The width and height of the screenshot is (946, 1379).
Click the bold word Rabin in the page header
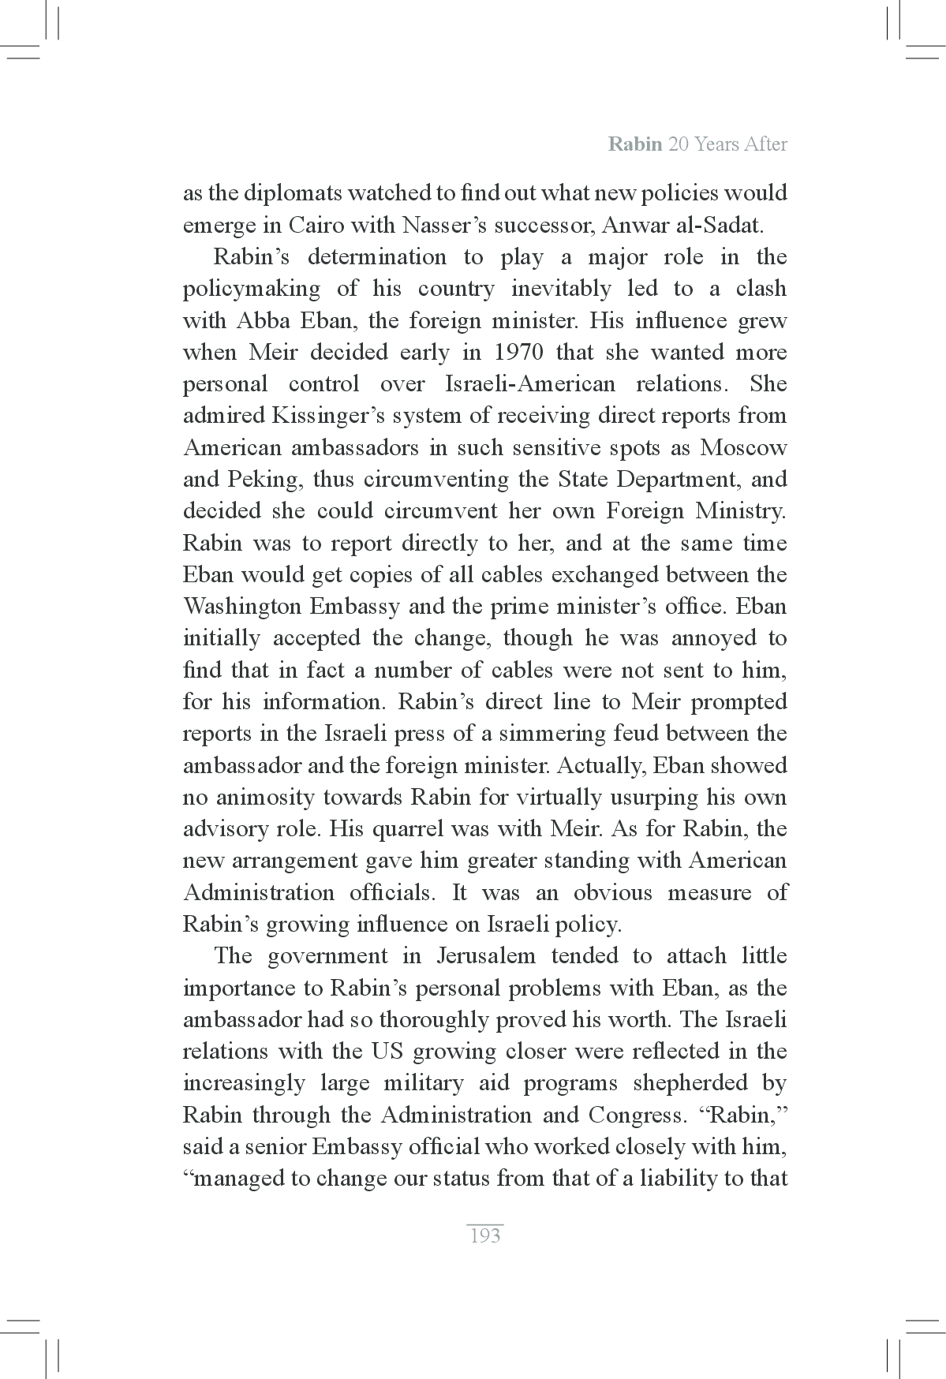tap(634, 144)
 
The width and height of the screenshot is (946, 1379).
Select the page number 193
tap(484, 1235)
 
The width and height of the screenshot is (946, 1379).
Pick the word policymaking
tap(252, 289)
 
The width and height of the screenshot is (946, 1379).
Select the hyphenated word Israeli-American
tap(529, 384)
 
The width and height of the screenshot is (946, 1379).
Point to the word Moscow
tap(743, 448)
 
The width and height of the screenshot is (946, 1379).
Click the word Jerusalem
tap(485, 956)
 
